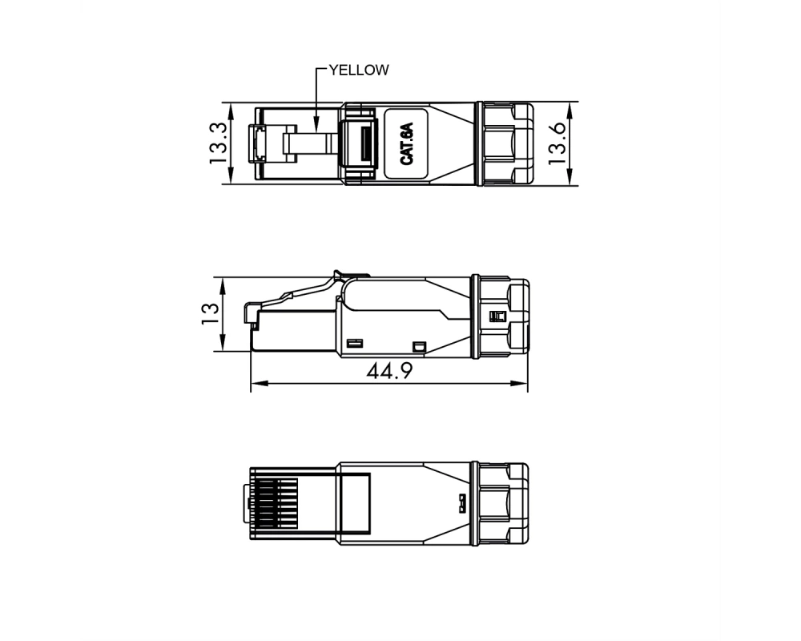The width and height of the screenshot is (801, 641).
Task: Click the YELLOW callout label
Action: click(359, 70)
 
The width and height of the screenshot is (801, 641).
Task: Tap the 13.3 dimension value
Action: click(218, 143)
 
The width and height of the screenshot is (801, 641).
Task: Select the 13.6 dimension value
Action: click(557, 143)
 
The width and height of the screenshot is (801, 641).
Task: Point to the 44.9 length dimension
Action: click(389, 371)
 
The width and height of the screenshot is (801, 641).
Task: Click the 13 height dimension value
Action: click(210, 314)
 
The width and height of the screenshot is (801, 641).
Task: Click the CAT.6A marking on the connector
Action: click(407, 143)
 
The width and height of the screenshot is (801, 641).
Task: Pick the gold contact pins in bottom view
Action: click(276, 503)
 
